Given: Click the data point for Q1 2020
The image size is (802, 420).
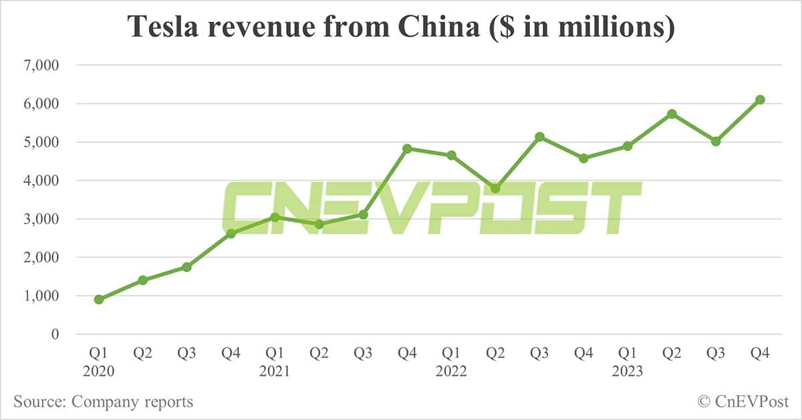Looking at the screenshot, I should pyautogui.click(x=99, y=299).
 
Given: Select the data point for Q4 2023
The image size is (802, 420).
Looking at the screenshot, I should pyautogui.click(x=760, y=100).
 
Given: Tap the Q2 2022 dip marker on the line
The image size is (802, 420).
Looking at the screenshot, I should pyautogui.click(x=495, y=188).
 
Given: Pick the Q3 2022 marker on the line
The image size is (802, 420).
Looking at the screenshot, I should pyautogui.click(x=539, y=136).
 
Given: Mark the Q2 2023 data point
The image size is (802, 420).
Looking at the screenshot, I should pyautogui.click(x=672, y=114).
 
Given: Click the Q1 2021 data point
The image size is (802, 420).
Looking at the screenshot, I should pyautogui.click(x=275, y=217).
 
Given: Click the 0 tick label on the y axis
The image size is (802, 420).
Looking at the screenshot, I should pyautogui.click(x=55, y=334).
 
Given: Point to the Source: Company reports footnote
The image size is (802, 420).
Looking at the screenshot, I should pyautogui.click(x=104, y=402).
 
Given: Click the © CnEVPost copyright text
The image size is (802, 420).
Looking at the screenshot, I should pyautogui.click(x=743, y=402).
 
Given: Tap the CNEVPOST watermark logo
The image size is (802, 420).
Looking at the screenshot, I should pyautogui.click(x=431, y=207).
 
